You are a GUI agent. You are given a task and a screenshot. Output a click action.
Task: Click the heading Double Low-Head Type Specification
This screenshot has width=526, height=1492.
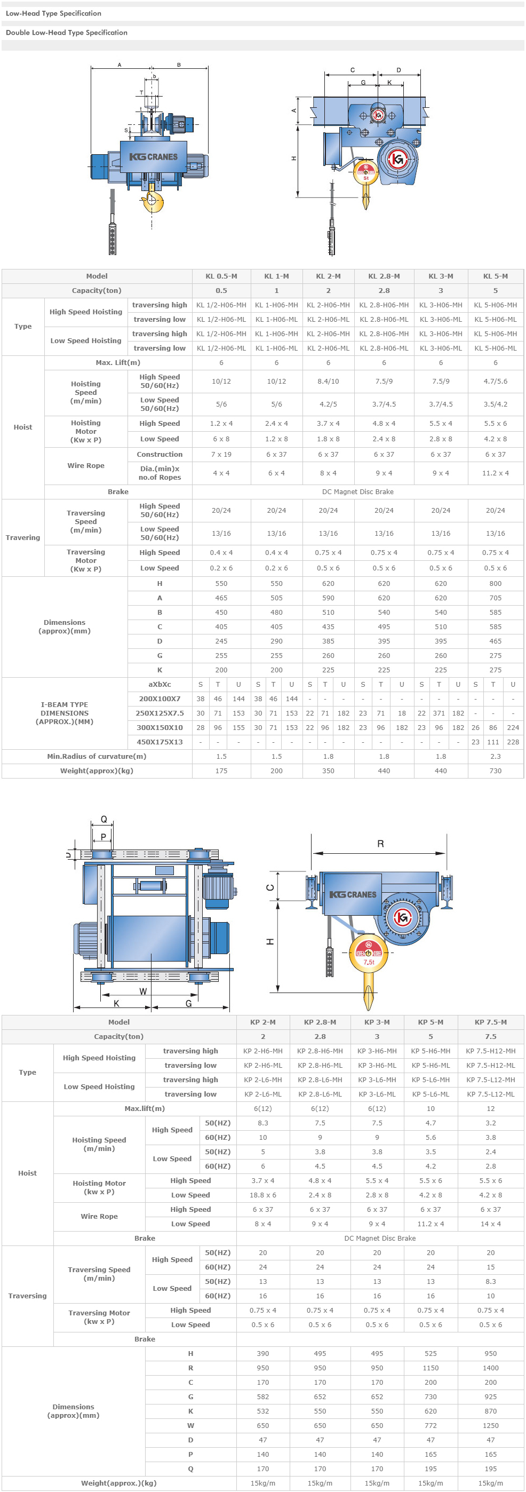click(67, 33)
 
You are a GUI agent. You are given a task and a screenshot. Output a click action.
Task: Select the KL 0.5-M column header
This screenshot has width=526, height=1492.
click(221, 276)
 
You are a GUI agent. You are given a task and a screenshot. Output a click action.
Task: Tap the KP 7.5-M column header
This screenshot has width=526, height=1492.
click(491, 1022)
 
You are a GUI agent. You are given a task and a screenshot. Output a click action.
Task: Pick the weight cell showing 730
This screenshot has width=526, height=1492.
click(495, 771)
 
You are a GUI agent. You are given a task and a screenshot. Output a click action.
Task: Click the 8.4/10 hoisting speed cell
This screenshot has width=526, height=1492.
click(328, 381)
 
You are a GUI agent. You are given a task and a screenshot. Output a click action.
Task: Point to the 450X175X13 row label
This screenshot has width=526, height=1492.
click(160, 742)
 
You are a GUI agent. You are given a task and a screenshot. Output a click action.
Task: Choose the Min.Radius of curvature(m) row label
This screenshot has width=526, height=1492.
click(97, 757)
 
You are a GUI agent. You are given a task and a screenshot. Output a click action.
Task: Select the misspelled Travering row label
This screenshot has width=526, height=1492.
click(23, 537)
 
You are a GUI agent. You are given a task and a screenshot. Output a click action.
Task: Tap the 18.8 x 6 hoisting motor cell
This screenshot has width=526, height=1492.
click(263, 1195)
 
